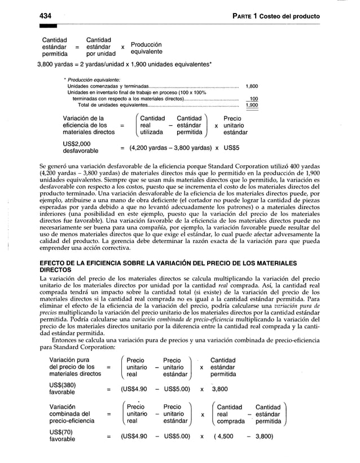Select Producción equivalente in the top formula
[x=146, y=48]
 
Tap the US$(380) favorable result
[x=66, y=389]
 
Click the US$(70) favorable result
[x=64, y=436]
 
